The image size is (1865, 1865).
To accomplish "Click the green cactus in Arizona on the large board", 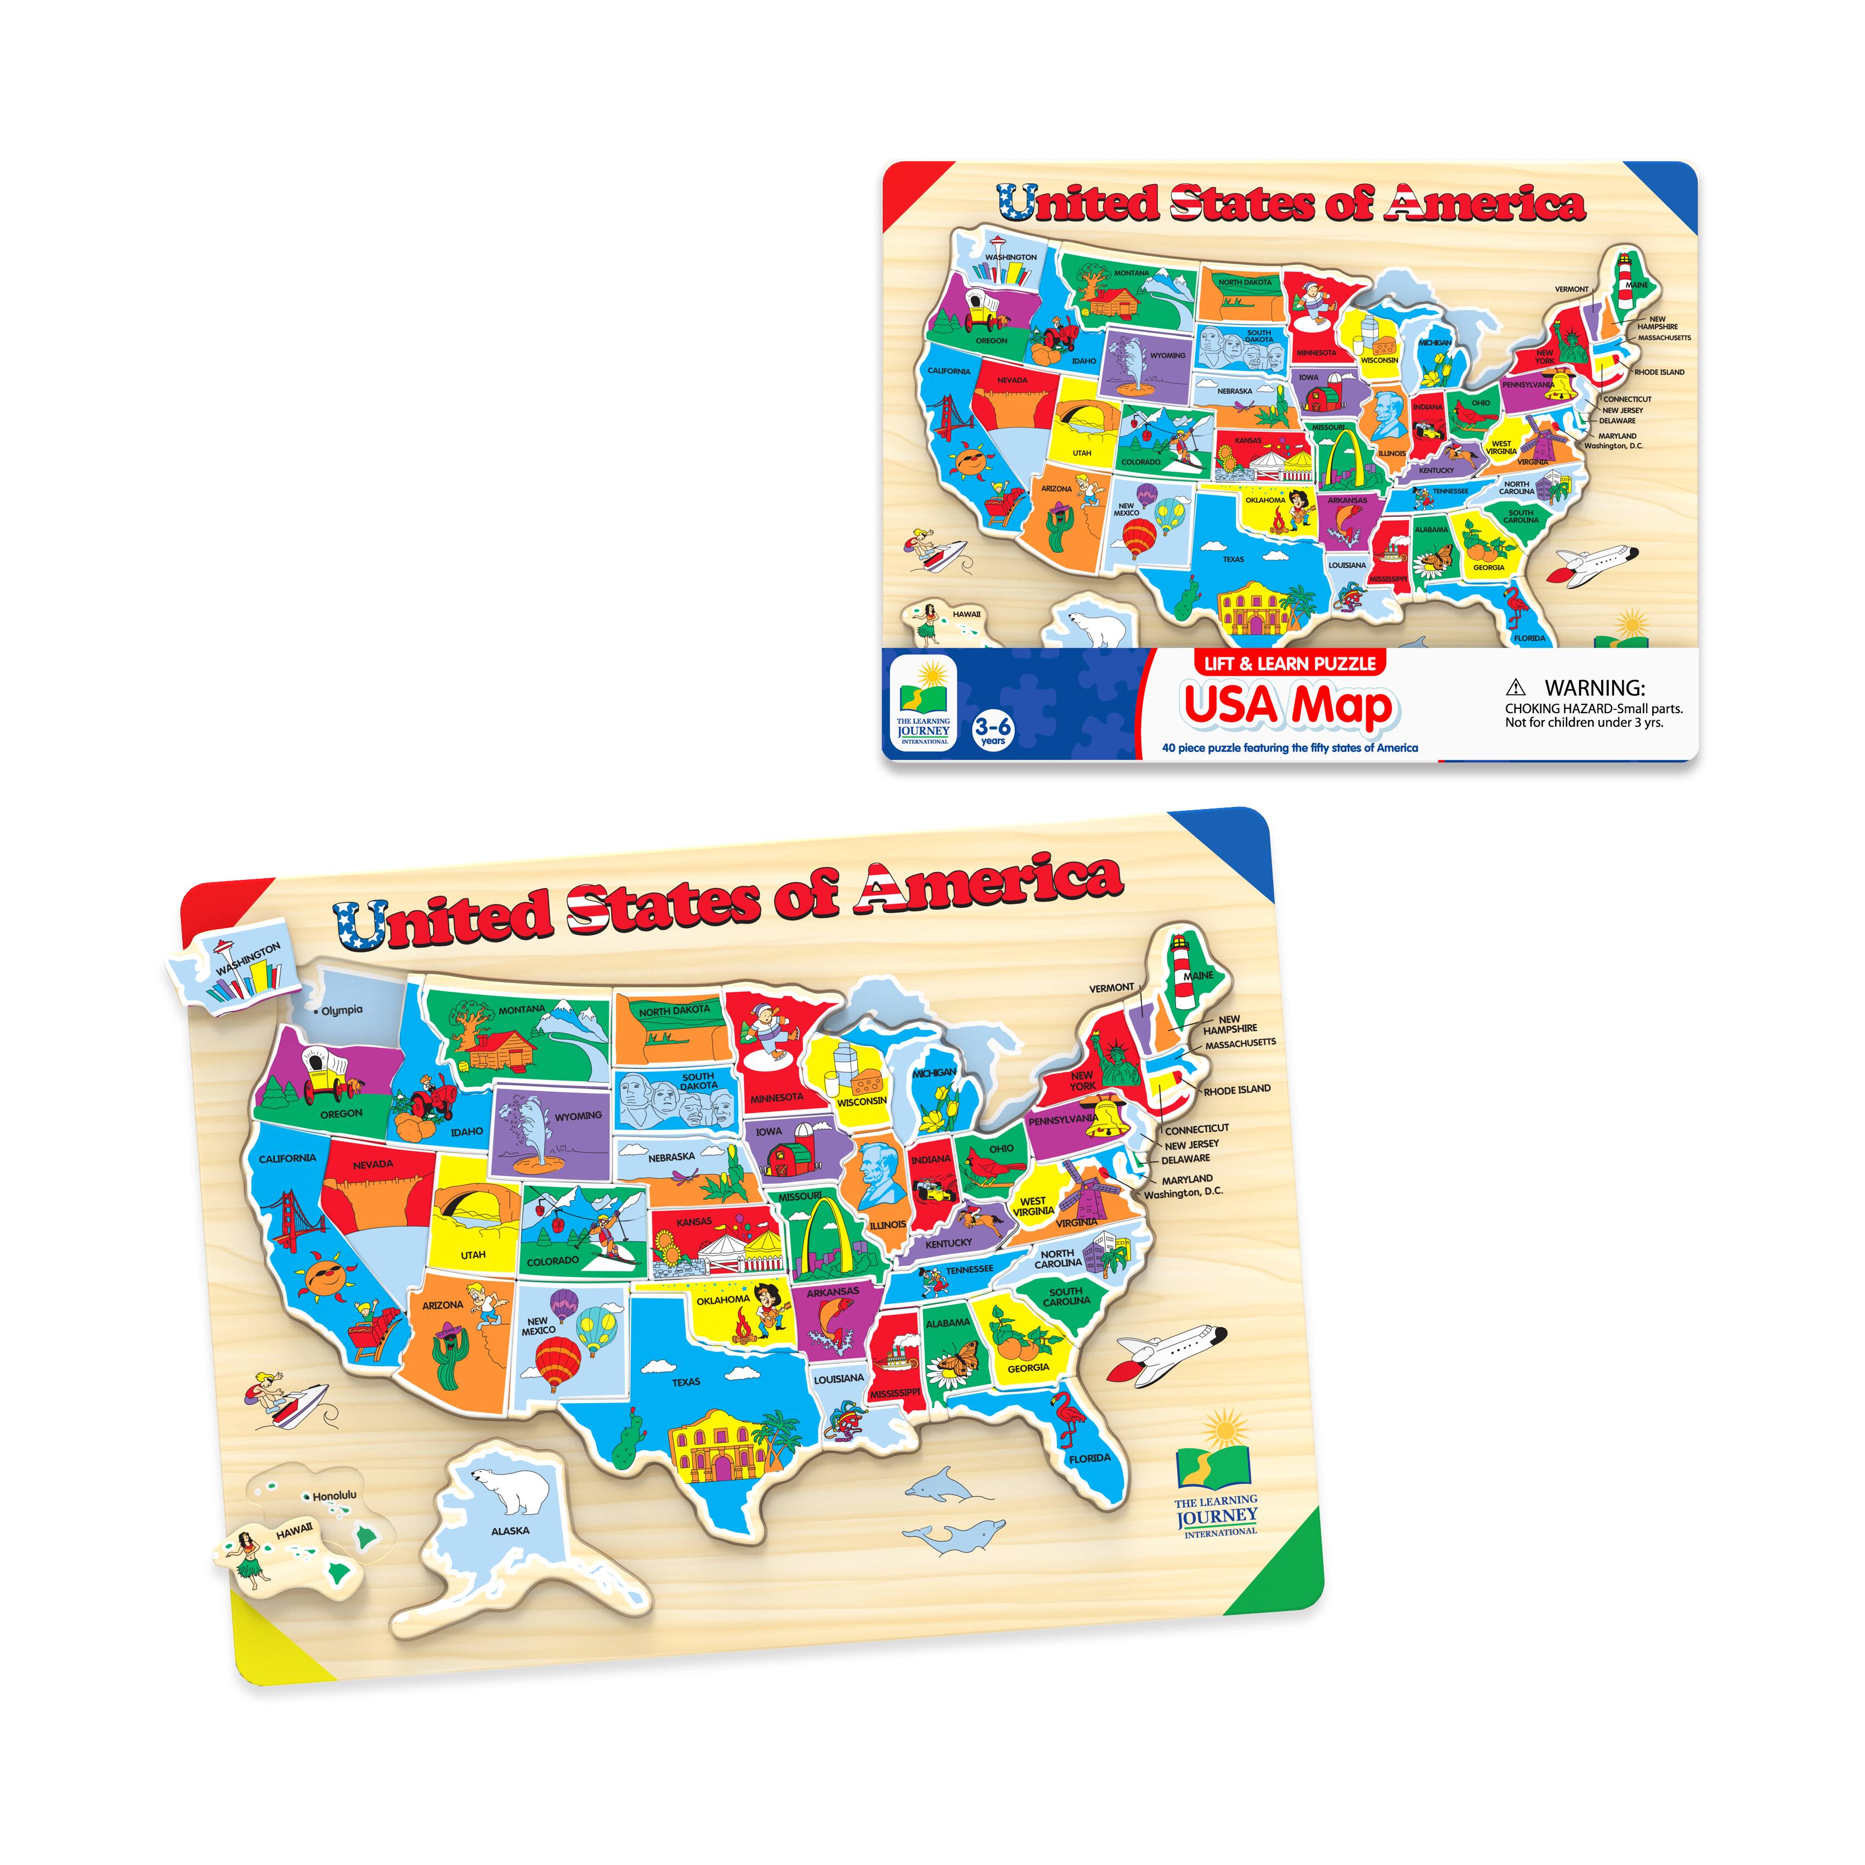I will point(449,1358).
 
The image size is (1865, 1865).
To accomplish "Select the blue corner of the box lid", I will point(1667,187).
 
